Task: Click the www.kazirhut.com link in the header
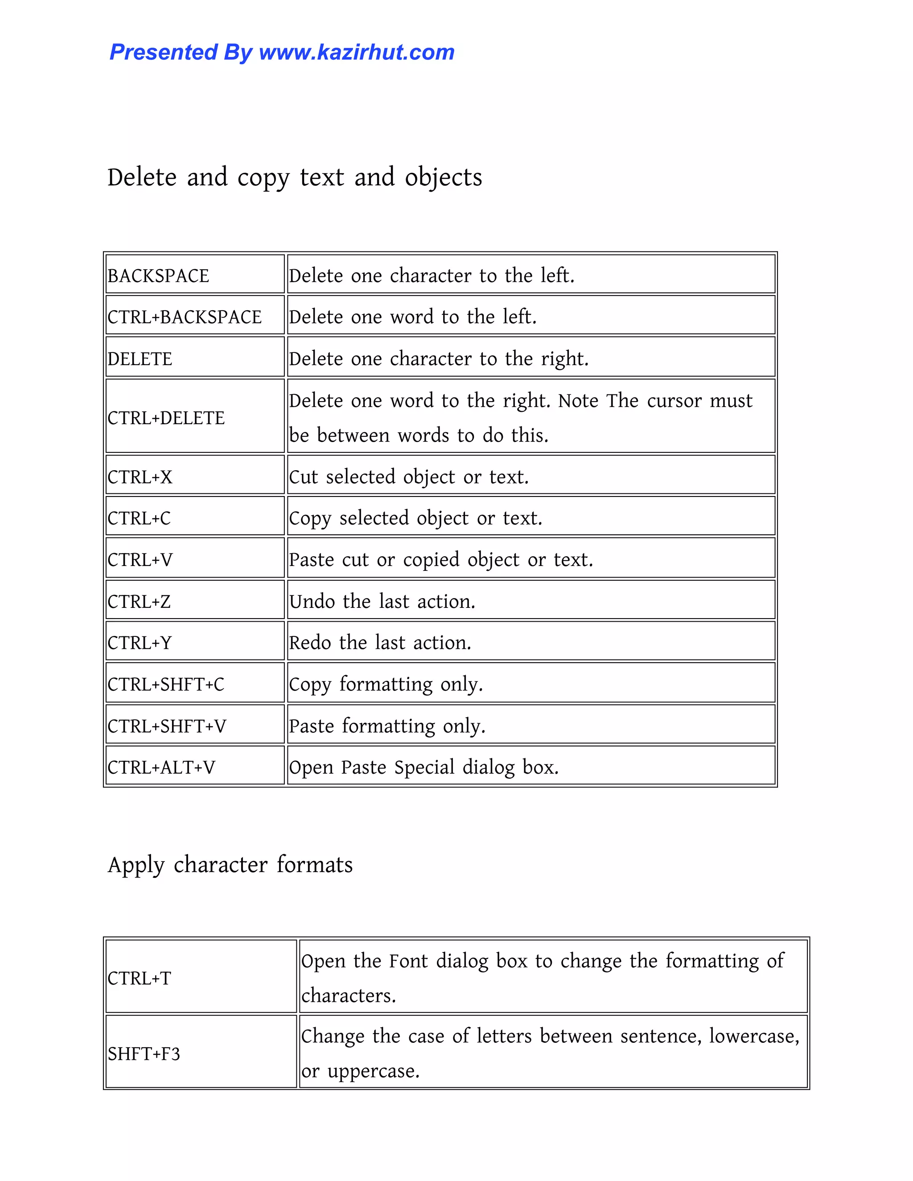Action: tap(357, 53)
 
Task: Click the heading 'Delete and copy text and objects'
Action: tap(294, 177)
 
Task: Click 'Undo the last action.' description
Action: tap(382, 601)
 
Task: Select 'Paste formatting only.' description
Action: tap(387, 726)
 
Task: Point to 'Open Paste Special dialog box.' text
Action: tap(424, 767)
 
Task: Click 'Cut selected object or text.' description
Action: tap(408, 477)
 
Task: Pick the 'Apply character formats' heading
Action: tap(230, 864)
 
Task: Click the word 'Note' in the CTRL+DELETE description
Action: tap(578, 401)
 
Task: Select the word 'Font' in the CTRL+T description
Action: tap(408, 961)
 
